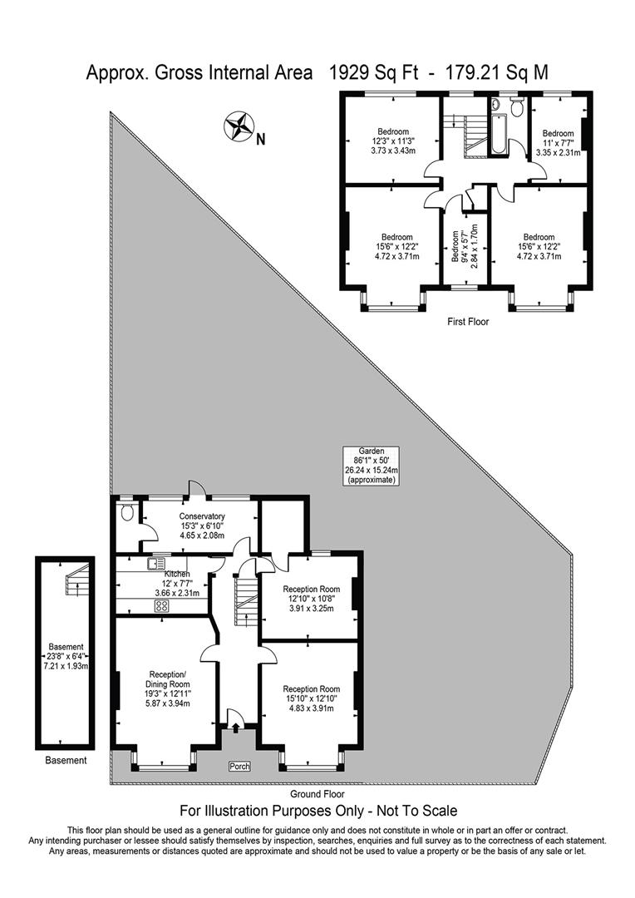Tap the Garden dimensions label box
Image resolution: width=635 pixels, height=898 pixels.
tap(371, 466)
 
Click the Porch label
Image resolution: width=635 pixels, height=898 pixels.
tap(239, 767)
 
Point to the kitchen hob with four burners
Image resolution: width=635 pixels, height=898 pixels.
tap(161, 606)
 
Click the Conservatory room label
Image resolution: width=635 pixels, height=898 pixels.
tap(201, 525)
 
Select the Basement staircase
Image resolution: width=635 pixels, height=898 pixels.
tap(77, 579)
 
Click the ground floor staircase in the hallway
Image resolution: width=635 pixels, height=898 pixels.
tap(246, 601)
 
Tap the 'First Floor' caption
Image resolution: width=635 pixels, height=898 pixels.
tap(469, 322)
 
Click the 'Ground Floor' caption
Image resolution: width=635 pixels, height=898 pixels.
tap(317, 794)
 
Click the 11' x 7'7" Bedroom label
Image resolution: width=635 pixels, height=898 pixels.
tap(558, 143)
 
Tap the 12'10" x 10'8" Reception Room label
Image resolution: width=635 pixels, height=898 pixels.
tap(312, 599)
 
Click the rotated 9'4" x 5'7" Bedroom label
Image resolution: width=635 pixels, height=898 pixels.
tap(465, 245)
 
